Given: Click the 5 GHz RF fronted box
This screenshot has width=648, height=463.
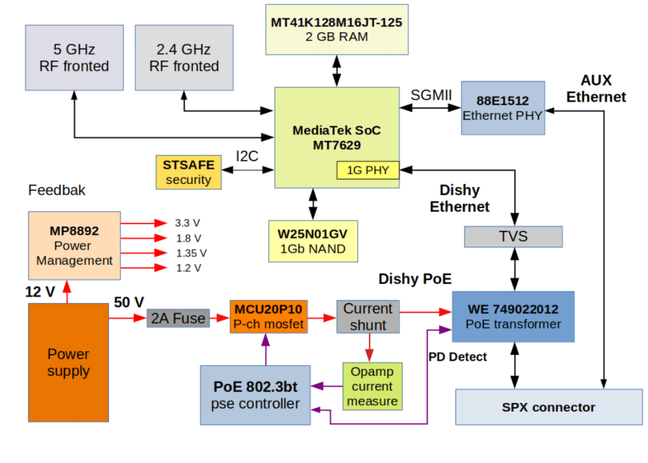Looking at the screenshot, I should tap(74, 58).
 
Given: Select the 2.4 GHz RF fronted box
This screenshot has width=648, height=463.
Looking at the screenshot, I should tap(184, 58).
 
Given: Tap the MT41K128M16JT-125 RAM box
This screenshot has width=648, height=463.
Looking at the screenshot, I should tap(336, 29).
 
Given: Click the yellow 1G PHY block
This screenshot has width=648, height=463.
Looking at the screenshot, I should tap(368, 170).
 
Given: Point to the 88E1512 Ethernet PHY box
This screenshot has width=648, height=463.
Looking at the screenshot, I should tap(503, 108).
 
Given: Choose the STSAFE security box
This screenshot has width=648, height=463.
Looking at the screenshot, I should tap(189, 172).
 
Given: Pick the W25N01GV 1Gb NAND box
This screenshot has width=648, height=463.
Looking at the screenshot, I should tap(313, 241).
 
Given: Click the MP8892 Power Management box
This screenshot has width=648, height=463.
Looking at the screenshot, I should tap(74, 245).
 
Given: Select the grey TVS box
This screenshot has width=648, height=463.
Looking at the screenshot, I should tap(513, 237).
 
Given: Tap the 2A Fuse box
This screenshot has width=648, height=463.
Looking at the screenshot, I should tap(179, 318).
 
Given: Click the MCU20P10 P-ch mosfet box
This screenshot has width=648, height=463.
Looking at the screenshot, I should tap(268, 317).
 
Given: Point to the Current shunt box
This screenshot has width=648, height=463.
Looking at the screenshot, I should tap(368, 317).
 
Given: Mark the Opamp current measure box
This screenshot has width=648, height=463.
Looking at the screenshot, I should tap(372, 386).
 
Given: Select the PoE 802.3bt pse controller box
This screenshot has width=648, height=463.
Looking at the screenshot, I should tap(256, 395).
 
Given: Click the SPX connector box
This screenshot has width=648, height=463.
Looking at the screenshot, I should tap(549, 407).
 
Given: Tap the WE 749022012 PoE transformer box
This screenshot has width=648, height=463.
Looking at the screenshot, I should tap(513, 316).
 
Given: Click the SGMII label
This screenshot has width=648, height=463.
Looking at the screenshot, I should tap(431, 94).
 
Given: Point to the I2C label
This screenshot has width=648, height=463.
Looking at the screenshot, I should tap(247, 156).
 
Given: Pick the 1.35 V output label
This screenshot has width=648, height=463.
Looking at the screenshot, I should tap(190, 253).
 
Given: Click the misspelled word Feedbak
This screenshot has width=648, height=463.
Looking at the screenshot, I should tap(57, 190).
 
